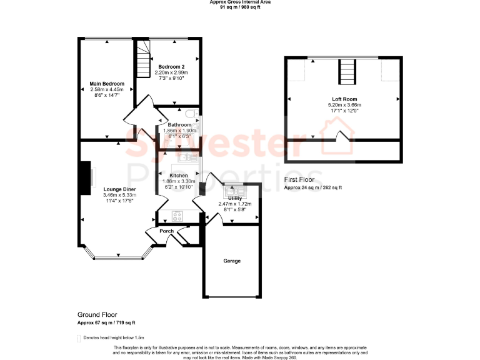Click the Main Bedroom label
coord(106,84)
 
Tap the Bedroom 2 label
coord(171,67)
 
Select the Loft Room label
coord(344,99)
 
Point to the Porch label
coord(166,231)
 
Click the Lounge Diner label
coord(119,189)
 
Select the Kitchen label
coord(179,176)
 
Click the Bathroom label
coord(179,124)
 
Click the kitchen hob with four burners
coord(177,217)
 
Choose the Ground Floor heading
coord(97,315)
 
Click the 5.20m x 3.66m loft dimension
coord(344,105)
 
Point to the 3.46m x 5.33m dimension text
coord(119,195)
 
